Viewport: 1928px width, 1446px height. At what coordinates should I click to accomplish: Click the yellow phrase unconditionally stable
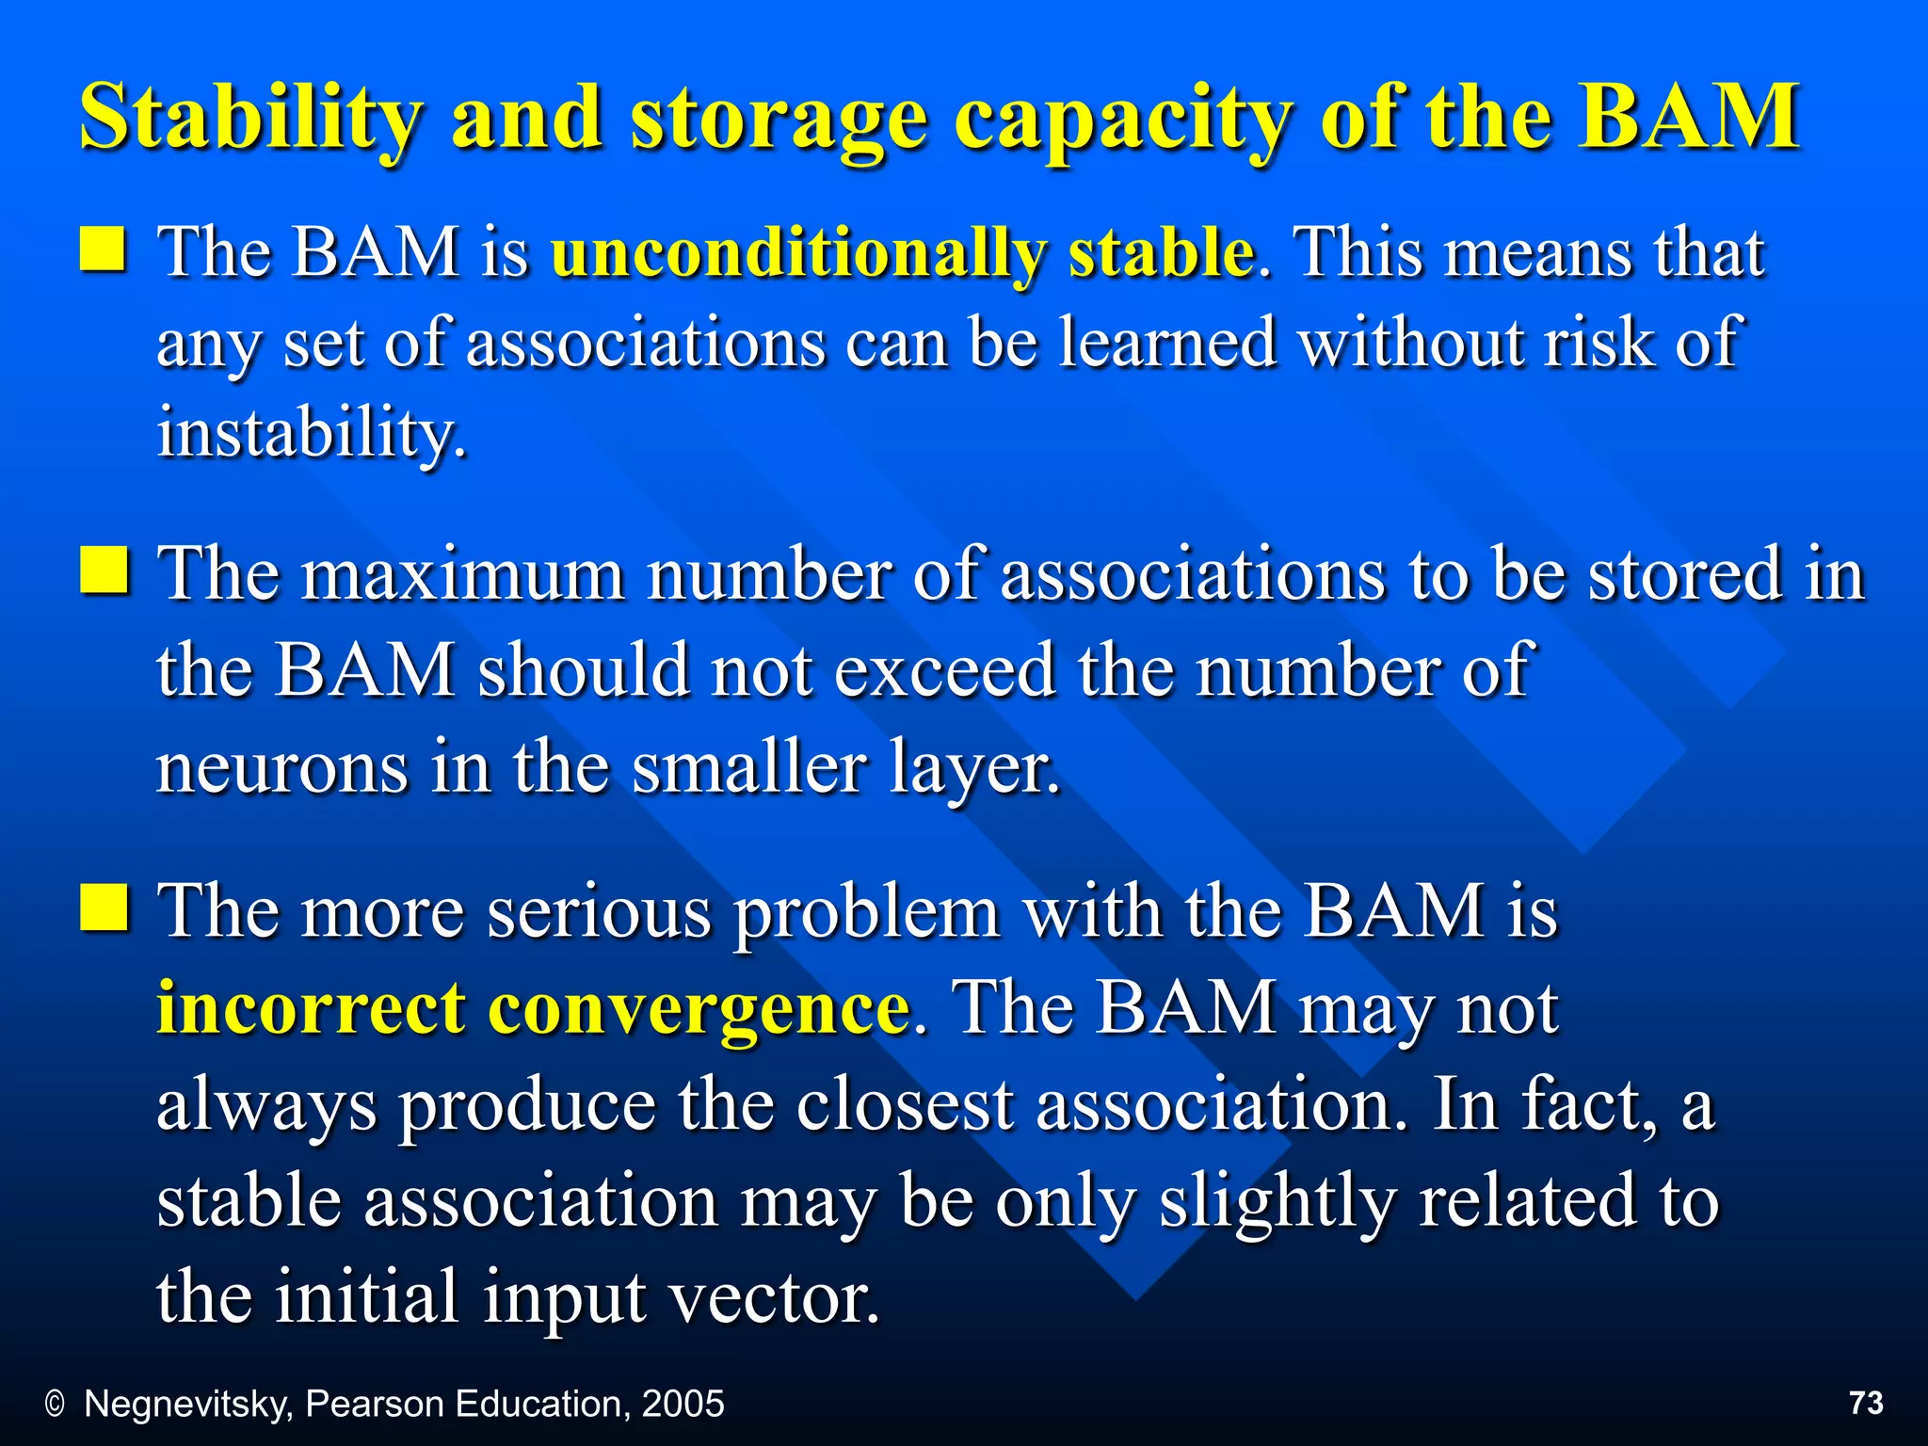point(903,252)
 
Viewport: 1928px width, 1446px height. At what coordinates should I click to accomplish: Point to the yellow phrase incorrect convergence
point(533,1008)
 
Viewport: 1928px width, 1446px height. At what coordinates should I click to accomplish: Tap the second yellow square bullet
point(104,569)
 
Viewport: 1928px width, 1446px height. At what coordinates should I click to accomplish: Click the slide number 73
point(1866,1404)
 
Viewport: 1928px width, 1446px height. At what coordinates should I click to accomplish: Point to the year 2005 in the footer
point(683,1404)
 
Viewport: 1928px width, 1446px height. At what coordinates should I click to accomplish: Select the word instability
point(311,433)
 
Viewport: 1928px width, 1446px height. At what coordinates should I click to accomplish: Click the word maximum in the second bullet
point(463,573)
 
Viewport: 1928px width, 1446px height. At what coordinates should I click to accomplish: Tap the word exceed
point(944,670)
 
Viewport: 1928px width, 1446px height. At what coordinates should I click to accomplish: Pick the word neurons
point(282,767)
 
